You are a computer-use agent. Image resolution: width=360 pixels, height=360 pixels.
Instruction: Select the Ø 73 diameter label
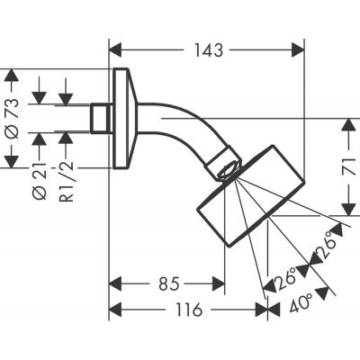click(13, 117)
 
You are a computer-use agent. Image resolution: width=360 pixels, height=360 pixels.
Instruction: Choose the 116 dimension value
click(187, 310)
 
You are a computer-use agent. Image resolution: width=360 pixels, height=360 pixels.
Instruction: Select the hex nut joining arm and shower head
click(227, 166)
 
